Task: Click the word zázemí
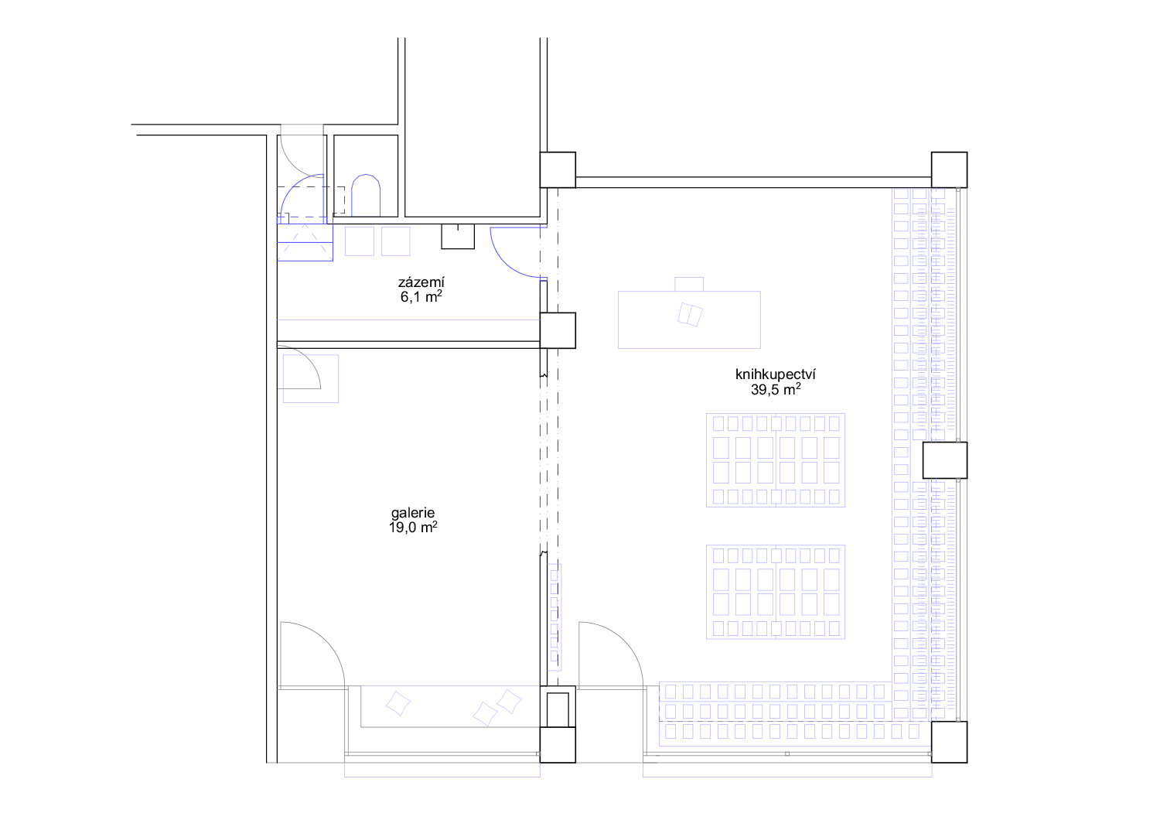pyautogui.click(x=421, y=282)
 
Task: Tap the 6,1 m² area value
pyautogui.click(x=421, y=296)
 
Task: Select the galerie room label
pyautogui.click(x=413, y=514)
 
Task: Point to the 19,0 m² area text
pyautogui.click(x=413, y=528)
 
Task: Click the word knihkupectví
pyautogui.click(x=775, y=374)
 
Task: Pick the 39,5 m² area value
pyautogui.click(x=775, y=389)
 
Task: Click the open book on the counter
pyautogui.click(x=690, y=314)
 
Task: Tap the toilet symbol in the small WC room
pyautogui.click(x=366, y=195)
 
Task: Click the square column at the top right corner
pyautogui.click(x=949, y=170)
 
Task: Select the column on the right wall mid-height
pyautogui.click(x=944, y=460)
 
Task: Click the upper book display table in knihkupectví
pyautogui.click(x=775, y=460)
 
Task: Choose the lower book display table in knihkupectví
pyautogui.click(x=775, y=592)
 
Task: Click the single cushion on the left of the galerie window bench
pyautogui.click(x=397, y=703)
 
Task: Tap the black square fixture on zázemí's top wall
pyautogui.click(x=458, y=237)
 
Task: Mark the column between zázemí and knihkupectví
pyautogui.click(x=558, y=330)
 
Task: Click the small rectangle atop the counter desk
pyautogui.click(x=689, y=284)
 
